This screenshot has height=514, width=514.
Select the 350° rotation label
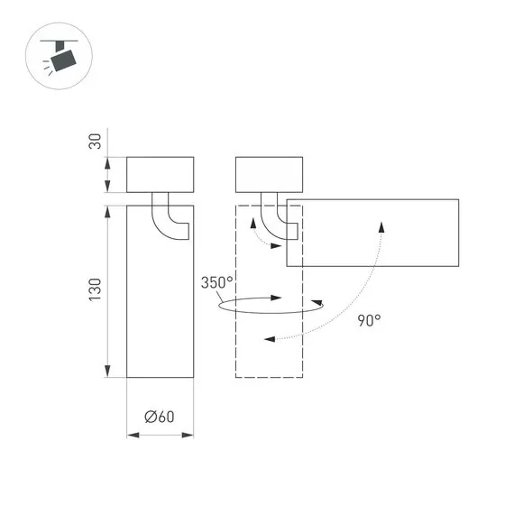click(x=217, y=283)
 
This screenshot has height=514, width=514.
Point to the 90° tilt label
click(x=369, y=320)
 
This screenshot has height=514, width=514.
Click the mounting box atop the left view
click(x=161, y=174)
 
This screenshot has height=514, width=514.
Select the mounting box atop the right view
click(x=269, y=174)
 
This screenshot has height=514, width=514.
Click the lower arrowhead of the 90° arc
click(x=270, y=339)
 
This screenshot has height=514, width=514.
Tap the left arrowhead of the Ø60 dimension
click(x=131, y=435)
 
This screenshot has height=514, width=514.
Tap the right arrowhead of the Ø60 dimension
click(x=189, y=435)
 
